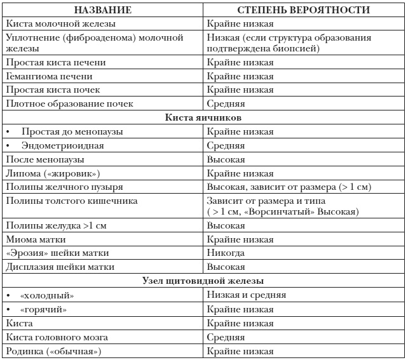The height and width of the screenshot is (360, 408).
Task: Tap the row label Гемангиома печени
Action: click(x=49, y=76)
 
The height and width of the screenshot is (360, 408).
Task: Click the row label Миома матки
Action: click(x=35, y=240)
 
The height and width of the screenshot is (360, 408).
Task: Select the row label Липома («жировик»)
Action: click(x=53, y=173)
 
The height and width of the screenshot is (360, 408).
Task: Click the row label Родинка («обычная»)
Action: click(x=53, y=351)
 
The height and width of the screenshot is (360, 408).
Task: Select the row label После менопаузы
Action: click(x=44, y=159)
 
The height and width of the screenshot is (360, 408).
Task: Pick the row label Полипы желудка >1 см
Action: click(x=56, y=226)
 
